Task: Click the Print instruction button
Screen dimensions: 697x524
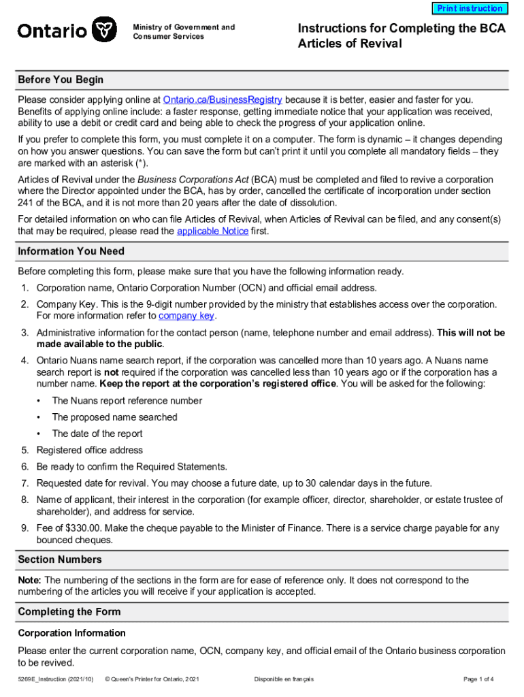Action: pos(470,9)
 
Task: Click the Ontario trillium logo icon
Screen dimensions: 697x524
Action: pos(104,30)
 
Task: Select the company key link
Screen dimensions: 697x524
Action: pos(186,316)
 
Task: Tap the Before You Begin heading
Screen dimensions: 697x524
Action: pos(61,80)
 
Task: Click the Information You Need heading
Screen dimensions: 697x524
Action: pos(71,251)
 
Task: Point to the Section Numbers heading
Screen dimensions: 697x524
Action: pos(60,560)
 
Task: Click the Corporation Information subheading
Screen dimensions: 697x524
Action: pos(71,633)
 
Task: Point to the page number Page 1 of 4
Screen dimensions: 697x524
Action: pos(478,679)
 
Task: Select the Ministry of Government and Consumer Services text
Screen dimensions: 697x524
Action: pos(184,32)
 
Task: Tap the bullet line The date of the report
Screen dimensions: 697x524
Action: pos(97,434)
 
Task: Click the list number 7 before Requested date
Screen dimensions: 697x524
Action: pos(24,483)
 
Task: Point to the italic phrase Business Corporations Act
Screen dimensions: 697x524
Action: pos(182,179)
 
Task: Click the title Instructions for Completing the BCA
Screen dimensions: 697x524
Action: pos(402,29)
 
